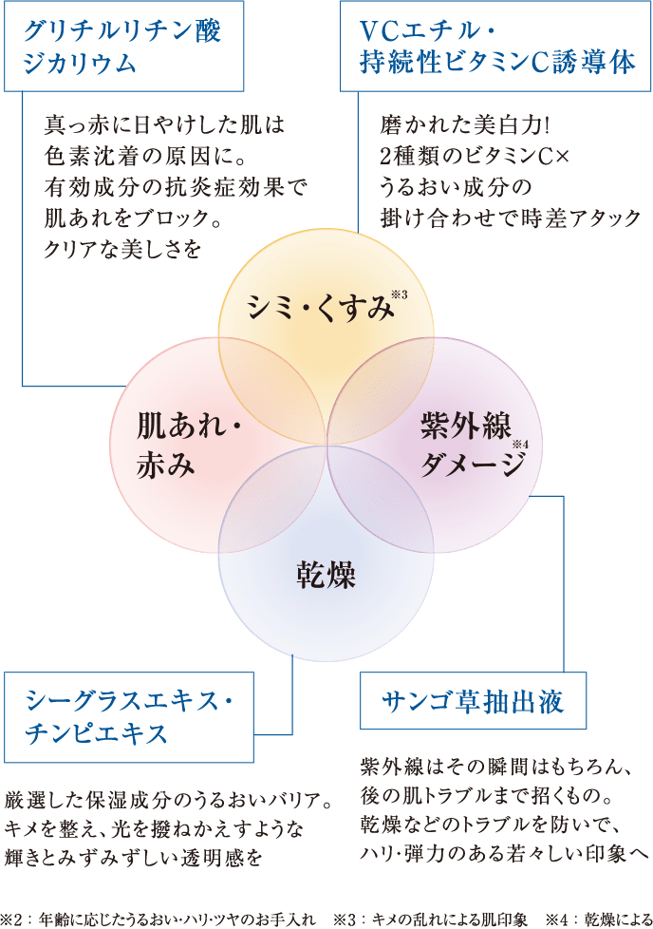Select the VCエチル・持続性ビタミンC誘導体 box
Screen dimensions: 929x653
point(495,46)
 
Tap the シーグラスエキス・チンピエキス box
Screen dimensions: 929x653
point(130,717)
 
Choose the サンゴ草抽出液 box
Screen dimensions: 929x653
point(474,702)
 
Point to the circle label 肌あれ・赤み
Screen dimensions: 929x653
point(190,442)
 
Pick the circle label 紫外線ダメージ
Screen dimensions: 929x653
point(472,446)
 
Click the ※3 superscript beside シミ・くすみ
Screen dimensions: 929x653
point(399,294)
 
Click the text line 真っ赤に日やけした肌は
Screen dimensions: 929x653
point(164,125)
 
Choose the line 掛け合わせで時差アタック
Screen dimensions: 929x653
point(510,217)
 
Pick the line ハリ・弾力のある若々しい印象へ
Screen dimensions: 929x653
point(504,855)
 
